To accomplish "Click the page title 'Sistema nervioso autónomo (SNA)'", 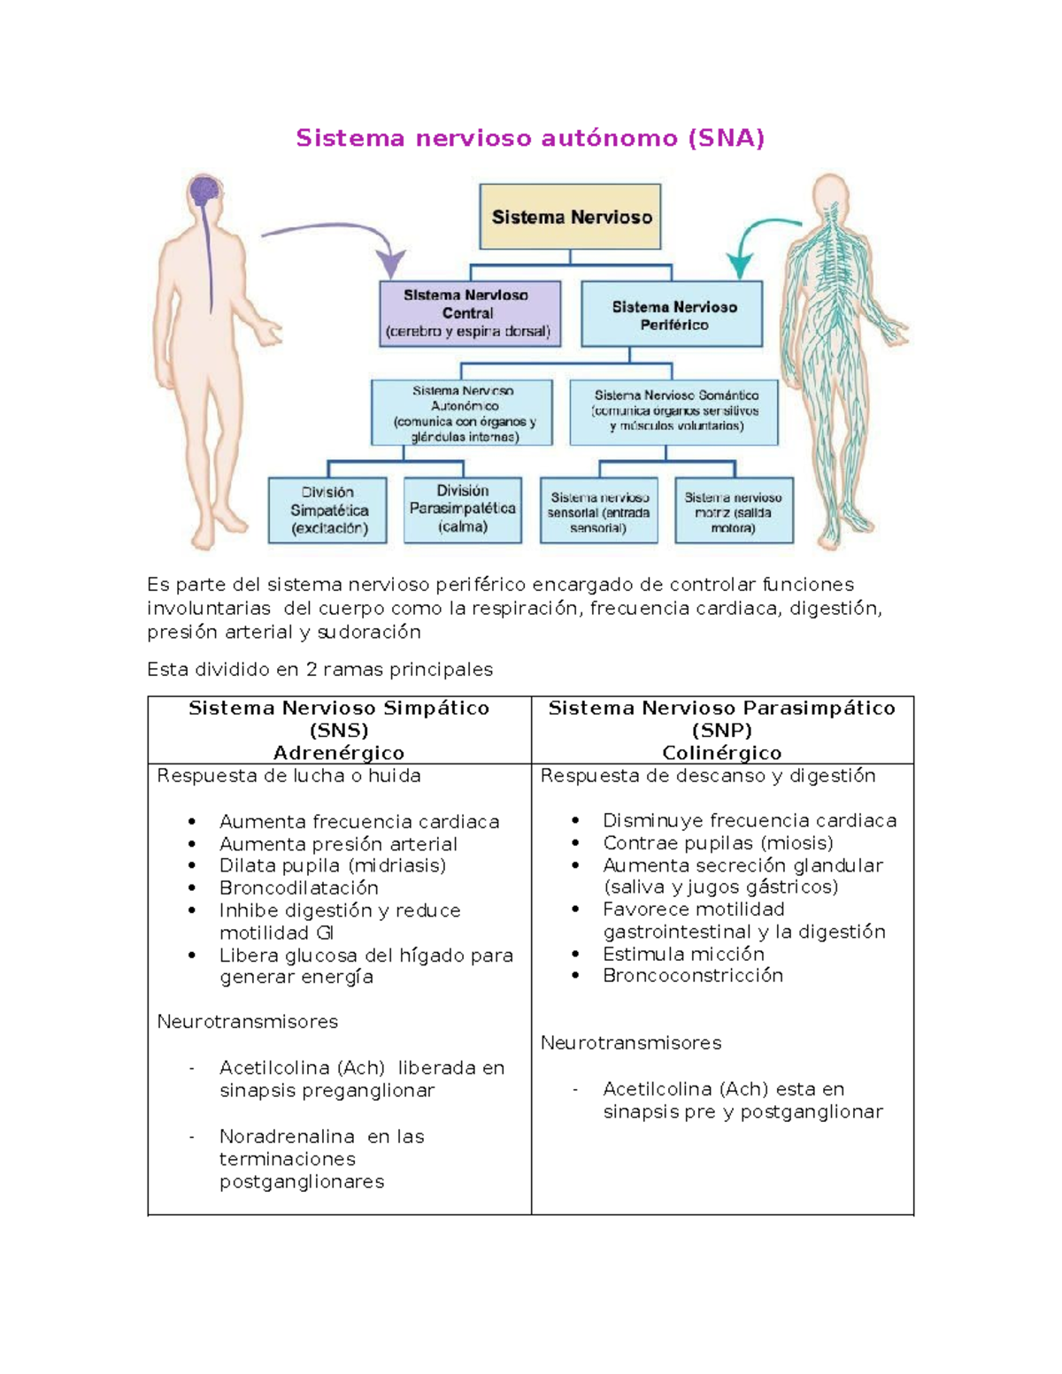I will (530, 138).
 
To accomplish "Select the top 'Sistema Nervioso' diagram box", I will (570, 217).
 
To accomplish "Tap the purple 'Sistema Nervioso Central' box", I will (469, 313).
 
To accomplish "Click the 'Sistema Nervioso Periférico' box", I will (673, 315).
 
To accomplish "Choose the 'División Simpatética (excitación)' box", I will (328, 510).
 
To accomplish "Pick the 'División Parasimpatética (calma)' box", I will (462, 510).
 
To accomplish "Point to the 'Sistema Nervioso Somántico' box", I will (675, 411).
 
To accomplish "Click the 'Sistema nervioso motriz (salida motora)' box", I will (733, 512).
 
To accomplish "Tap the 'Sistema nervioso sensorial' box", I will (598, 512).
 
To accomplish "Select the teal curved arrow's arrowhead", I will (740, 265).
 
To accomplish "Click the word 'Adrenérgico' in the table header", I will (339, 753).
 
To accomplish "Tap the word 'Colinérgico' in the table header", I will (722, 753).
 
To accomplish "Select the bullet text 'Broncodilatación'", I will (299, 888).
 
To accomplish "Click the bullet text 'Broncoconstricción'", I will (693, 976).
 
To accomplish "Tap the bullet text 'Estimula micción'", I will (683, 954).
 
